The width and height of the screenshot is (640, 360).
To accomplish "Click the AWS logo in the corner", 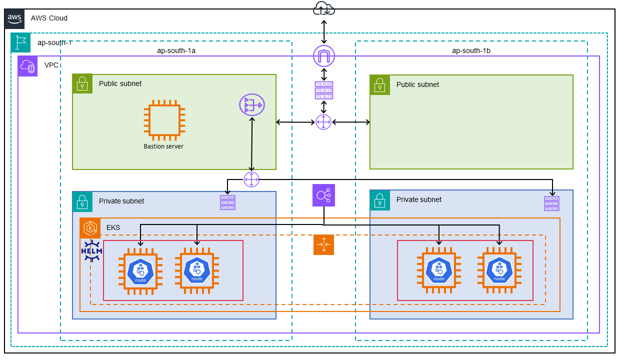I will pyautogui.click(x=14, y=18).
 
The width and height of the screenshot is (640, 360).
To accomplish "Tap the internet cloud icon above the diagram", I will pyautogui.click(x=324, y=8).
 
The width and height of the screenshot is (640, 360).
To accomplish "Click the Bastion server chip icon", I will pyautogui.click(x=163, y=119).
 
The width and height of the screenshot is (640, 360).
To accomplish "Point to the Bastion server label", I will pyautogui.click(x=163, y=146).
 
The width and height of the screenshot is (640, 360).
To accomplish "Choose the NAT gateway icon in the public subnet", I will pyautogui.click(x=252, y=105).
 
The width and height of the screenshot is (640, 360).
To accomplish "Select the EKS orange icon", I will pyautogui.click(x=90, y=228).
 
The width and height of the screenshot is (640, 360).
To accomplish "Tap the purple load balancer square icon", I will pyautogui.click(x=323, y=195).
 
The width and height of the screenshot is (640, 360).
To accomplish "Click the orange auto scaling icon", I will pyautogui.click(x=323, y=244).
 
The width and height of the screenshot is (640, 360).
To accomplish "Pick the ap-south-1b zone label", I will pyautogui.click(x=471, y=50).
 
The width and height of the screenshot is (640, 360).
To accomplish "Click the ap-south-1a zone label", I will pyautogui.click(x=176, y=50).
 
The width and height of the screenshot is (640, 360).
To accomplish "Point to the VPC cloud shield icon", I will pyautogui.click(x=28, y=66).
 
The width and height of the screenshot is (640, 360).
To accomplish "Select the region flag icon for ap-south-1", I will pyautogui.click(x=21, y=43).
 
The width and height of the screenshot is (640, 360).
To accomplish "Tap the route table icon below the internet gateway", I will pyautogui.click(x=323, y=90).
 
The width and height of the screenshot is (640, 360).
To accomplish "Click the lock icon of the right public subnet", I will pyautogui.click(x=380, y=84).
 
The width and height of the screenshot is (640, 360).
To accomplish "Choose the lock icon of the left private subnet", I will pyautogui.click(x=82, y=201).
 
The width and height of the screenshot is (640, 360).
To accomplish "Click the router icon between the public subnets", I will pyautogui.click(x=323, y=122).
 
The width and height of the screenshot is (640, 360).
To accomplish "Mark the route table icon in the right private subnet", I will pyautogui.click(x=552, y=203).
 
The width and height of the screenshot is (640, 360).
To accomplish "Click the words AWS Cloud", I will pyautogui.click(x=49, y=18).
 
